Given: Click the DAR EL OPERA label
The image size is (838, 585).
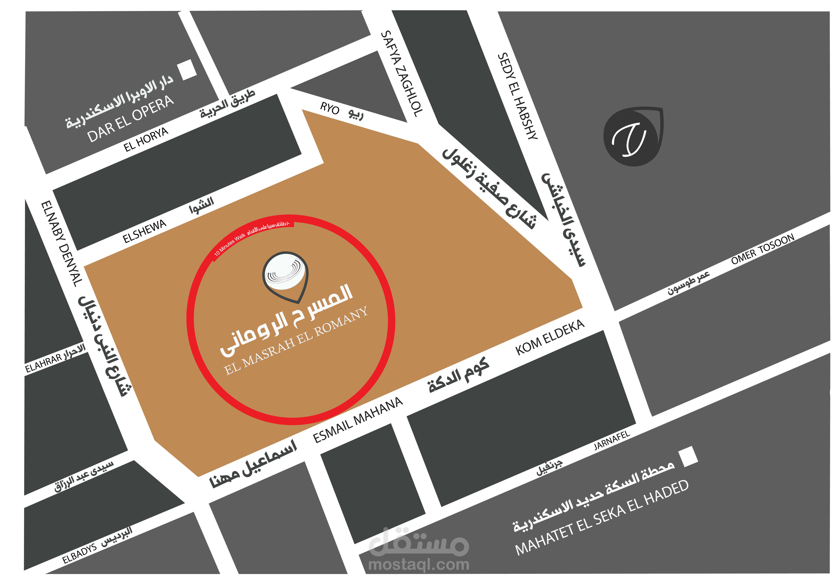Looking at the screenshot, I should point(130,119).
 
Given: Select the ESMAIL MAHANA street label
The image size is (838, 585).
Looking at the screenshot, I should point(358,420).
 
